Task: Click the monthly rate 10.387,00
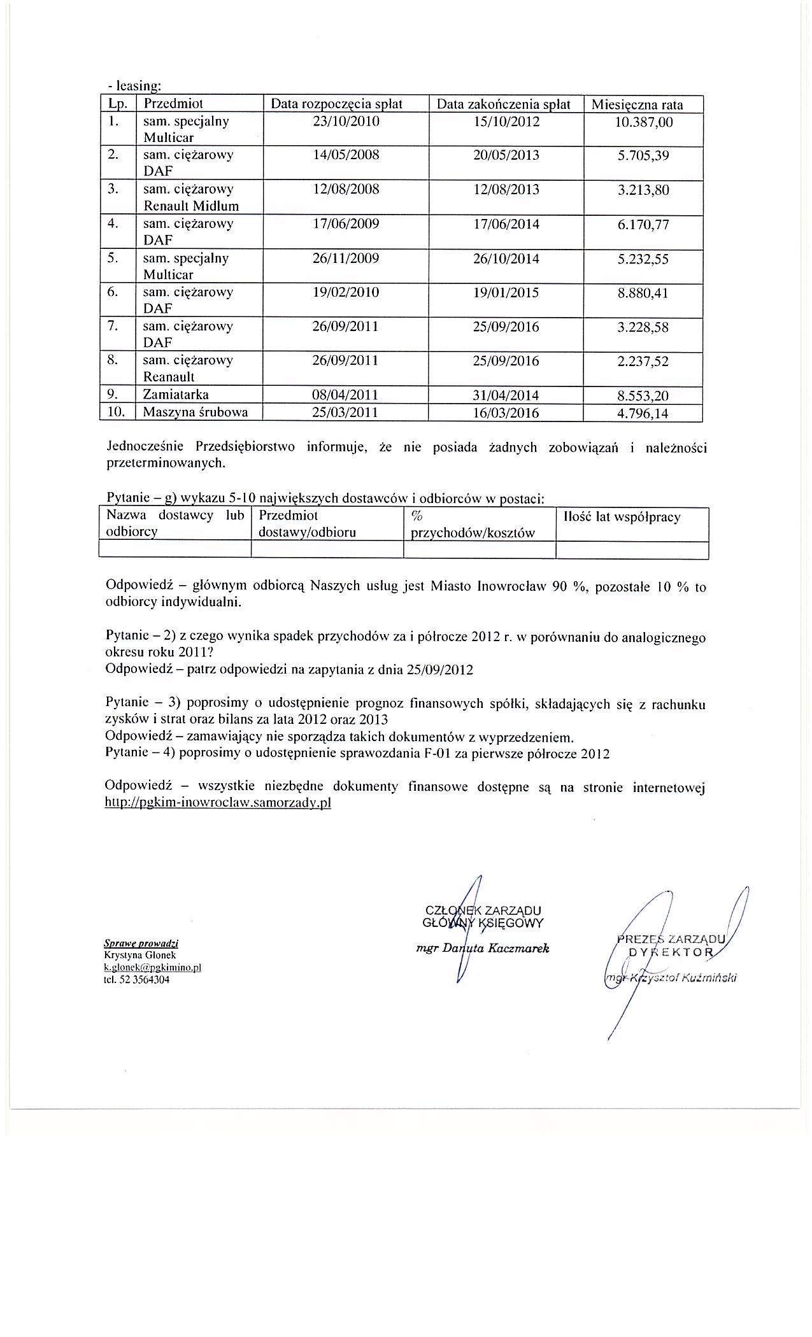pyautogui.click(x=643, y=122)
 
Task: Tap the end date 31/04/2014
pyautogui.click(x=506, y=396)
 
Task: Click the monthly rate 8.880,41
pyautogui.click(x=643, y=294)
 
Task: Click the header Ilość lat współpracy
pyautogui.click(x=622, y=517)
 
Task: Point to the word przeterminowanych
pyautogui.click(x=166, y=463)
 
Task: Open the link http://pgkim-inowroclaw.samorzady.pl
pyautogui.click(x=218, y=803)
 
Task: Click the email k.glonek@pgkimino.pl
pyautogui.click(x=152, y=967)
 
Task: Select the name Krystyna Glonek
pyautogui.click(x=139, y=955)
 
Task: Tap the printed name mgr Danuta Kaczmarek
pyautogui.click(x=481, y=948)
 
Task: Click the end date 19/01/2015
pyautogui.click(x=506, y=293)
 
